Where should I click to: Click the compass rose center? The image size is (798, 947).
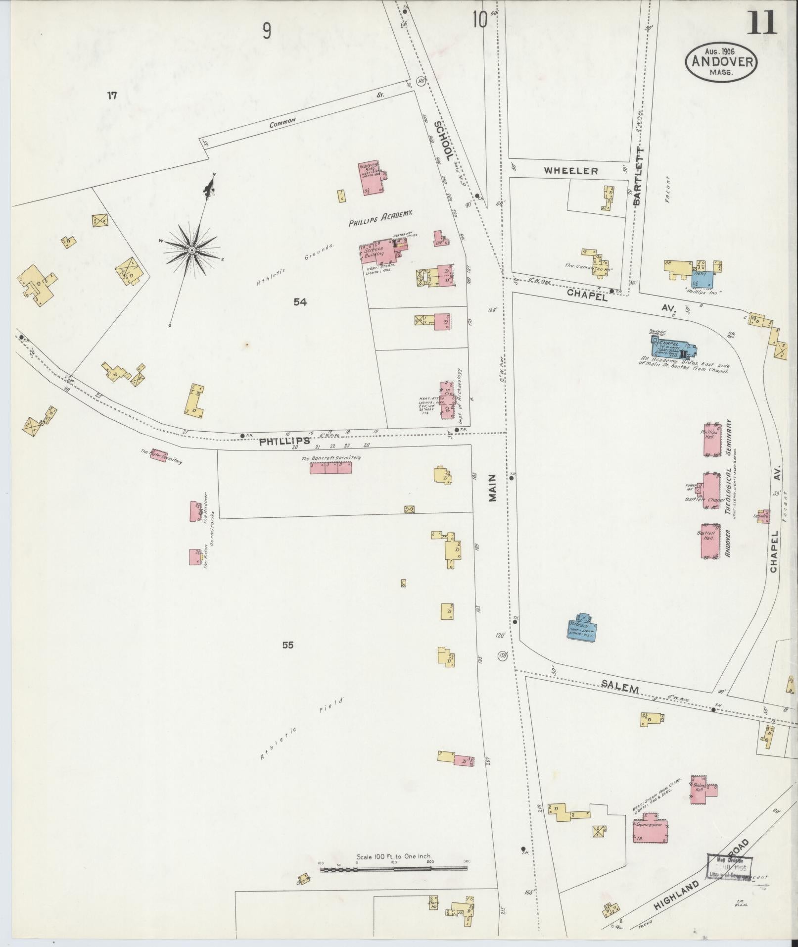coord(191,251)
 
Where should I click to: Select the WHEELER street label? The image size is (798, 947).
coord(571,171)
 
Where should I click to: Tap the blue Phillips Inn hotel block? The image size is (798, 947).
coord(704,278)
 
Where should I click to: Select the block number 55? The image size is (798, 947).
coord(288,645)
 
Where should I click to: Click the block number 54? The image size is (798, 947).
coord(300,302)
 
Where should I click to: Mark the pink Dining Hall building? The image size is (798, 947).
coord(705,789)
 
